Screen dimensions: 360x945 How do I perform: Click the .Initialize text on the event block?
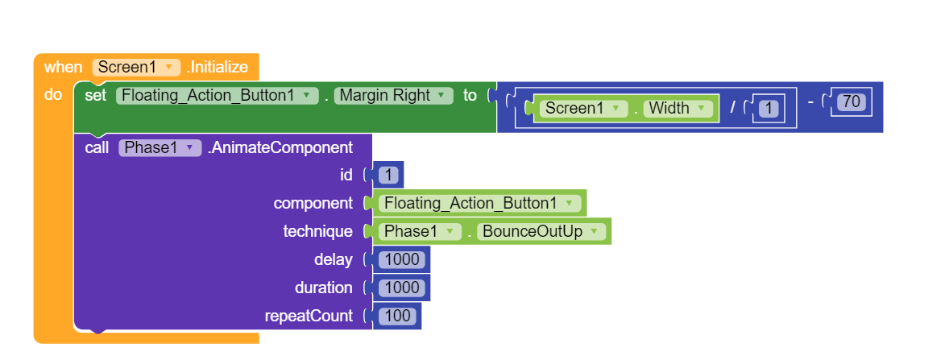218,67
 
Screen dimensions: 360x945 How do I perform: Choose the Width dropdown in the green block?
678,108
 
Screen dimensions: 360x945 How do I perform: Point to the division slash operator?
732,108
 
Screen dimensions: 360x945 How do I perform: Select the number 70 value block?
850,102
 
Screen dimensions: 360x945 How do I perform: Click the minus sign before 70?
811,102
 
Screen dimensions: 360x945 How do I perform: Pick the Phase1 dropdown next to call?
159,147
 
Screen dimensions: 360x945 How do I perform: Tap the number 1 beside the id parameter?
389,175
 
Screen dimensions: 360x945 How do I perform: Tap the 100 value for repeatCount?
398,317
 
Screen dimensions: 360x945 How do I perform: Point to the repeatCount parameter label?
309,317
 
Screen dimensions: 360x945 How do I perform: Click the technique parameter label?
317,232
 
